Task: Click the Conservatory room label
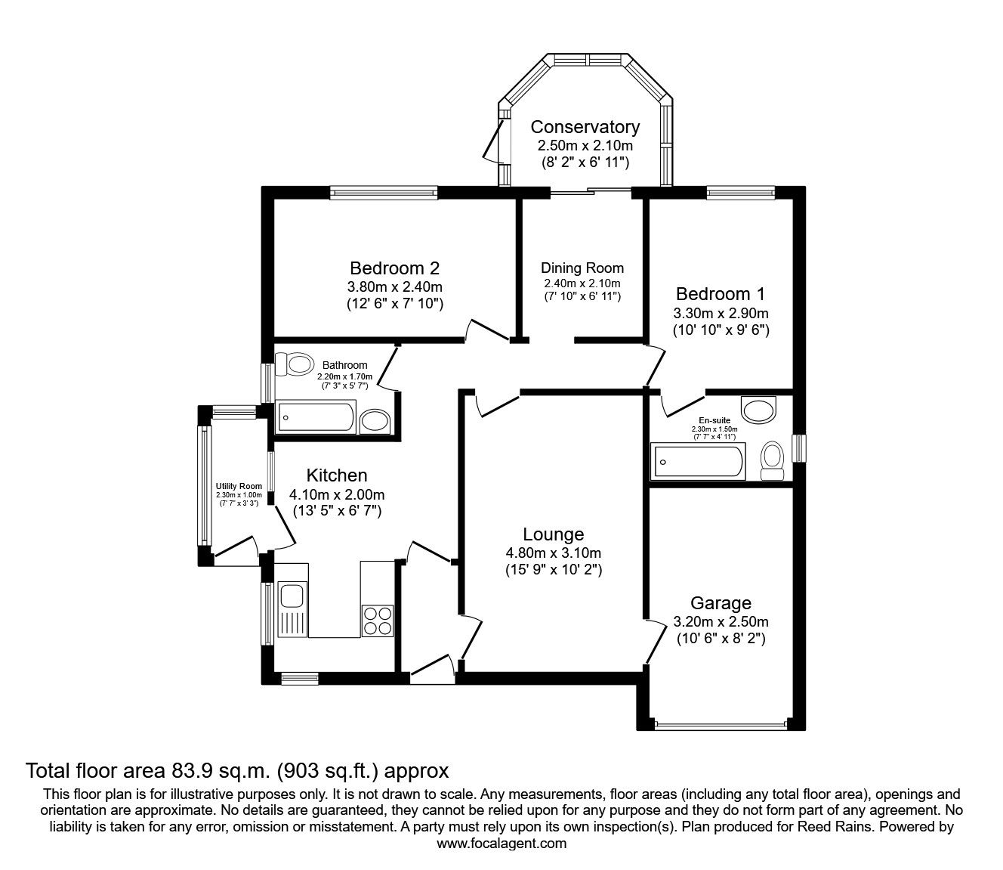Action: click(585, 127)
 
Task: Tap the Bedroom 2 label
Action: click(394, 268)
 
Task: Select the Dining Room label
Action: click(582, 268)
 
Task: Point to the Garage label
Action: click(721, 603)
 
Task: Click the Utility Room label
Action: click(239, 486)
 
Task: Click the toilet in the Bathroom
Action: click(294, 364)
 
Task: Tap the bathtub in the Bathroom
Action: click(316, 416)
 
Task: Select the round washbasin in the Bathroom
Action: click(375, 421)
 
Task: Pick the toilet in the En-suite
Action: click(772, 460)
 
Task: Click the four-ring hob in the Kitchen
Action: click(378, 621)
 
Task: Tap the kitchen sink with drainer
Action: click(292, 609)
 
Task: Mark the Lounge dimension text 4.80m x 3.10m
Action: click(553, 553)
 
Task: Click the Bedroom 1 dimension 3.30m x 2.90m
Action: click(721, 313)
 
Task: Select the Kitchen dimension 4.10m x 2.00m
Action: click(337, 494)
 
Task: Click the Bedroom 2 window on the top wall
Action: click(384, 193)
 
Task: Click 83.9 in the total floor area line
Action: click(187, 771)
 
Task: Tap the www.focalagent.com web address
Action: click(501, 844)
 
